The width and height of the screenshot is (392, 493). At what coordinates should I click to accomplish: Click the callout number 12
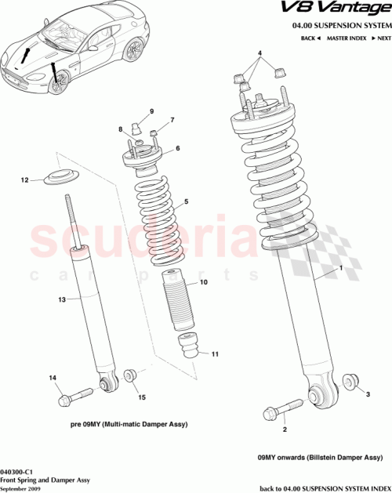point(24,180)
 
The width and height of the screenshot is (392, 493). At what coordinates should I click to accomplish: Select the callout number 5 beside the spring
point(186,202)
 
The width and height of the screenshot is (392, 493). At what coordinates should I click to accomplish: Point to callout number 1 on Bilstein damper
point(340,269)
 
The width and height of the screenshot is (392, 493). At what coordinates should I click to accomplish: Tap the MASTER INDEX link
point(347,38)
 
